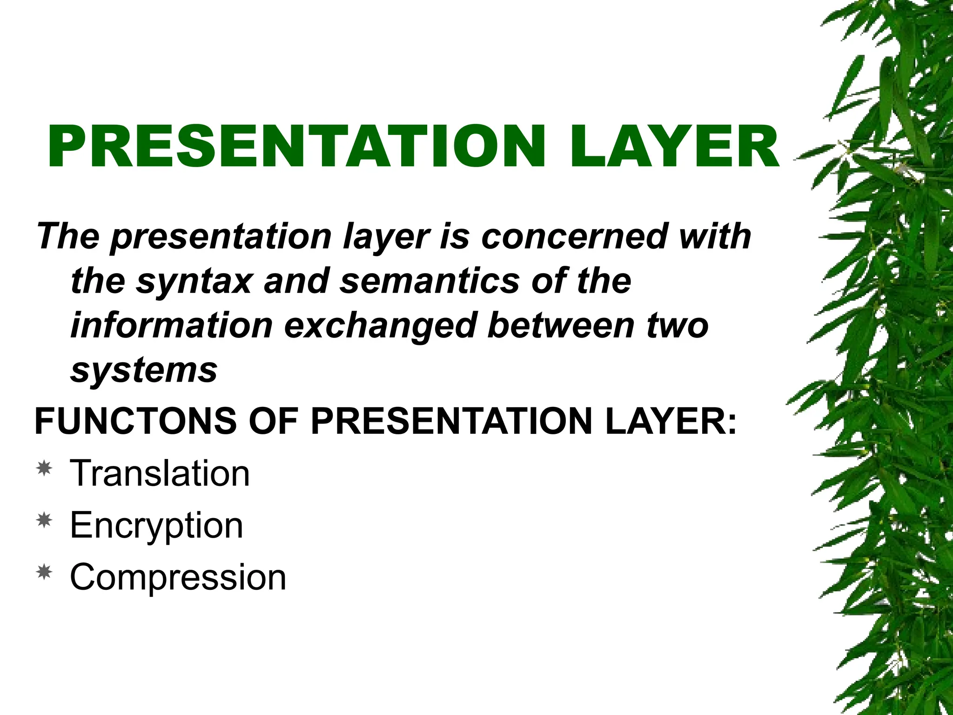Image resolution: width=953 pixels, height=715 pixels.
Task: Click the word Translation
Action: (160, 473)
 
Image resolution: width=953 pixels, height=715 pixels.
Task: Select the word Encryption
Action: (156, 526)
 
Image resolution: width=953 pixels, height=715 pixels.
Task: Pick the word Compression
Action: (178, 577)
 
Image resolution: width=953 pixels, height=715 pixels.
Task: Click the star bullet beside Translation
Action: (44, 468)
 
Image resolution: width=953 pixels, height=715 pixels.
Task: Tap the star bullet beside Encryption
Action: (44, 520)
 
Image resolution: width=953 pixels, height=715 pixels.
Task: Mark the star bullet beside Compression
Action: (44, 572)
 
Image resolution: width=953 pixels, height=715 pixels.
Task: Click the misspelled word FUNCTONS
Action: (135, 421)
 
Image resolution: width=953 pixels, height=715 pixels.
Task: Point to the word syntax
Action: (194, 281)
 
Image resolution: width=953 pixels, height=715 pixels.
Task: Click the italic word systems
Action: (144, 371)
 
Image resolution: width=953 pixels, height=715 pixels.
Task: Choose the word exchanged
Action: (381, 327)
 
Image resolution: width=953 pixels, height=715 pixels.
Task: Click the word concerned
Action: (574, 236)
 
